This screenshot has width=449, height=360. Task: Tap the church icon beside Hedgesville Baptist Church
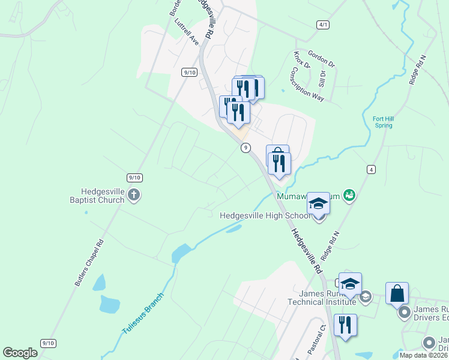click(x=133, y=195)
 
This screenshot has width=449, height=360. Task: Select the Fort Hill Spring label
click(x=382, y=122)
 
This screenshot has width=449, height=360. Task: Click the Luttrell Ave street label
click(x=186, y=34)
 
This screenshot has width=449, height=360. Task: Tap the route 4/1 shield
click(x=324, y=25)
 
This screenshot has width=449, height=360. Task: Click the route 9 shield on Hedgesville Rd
click(x=246, y=148)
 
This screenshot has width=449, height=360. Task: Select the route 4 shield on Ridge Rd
click(x=372, y=170)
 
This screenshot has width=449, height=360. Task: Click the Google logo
click(x=20, y=353)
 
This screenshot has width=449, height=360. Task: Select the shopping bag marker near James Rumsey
click(x=397, y=293)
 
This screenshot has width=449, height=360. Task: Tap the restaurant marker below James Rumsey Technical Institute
click(x=345, y=325)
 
